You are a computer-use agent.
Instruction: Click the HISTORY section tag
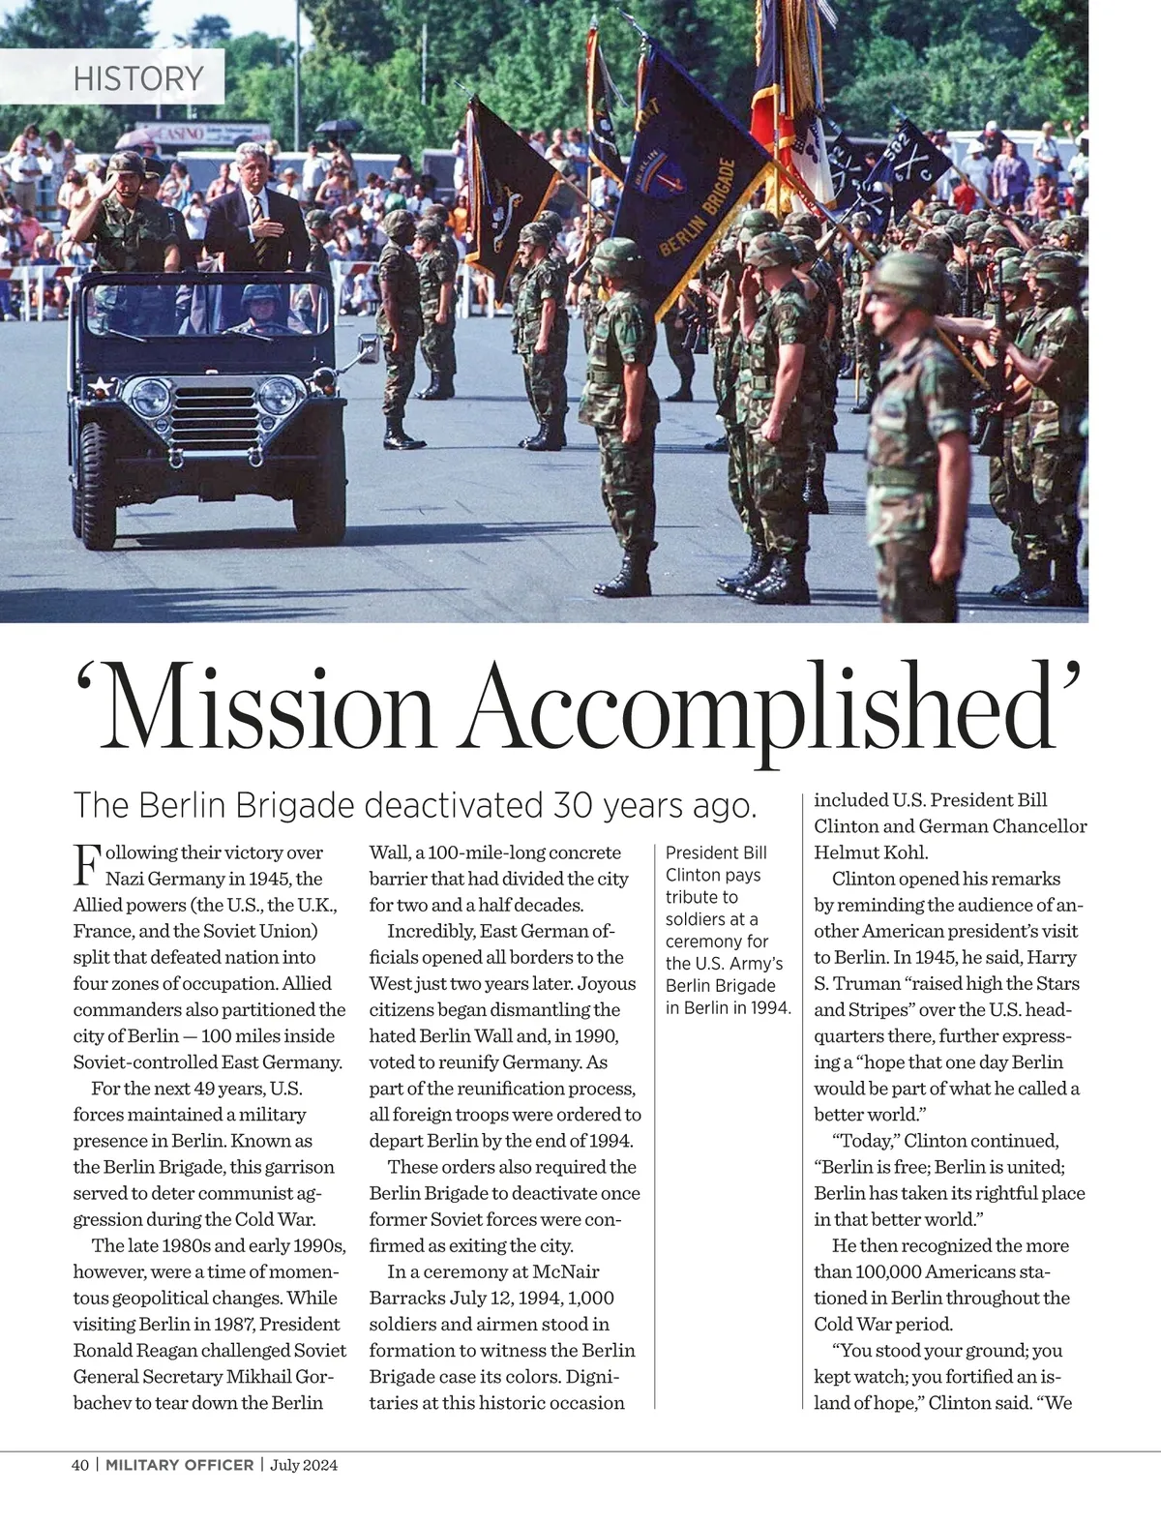[138, 77]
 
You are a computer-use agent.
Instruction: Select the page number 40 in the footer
[80, 1465]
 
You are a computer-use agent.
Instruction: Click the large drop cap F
[86, 865]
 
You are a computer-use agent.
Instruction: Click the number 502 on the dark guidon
[895, 156]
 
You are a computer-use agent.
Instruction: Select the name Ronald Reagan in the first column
[131, 1350]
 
